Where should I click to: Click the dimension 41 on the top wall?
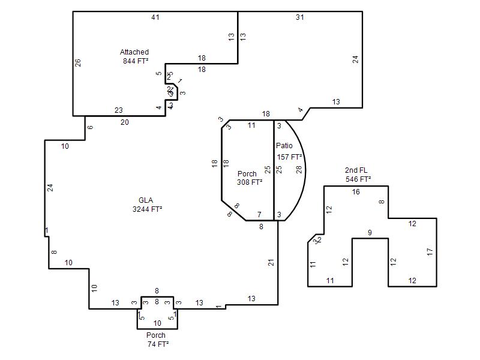pyautogui.click(x=155, y=17)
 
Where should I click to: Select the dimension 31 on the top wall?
pyautogui.click(x=299, y=17)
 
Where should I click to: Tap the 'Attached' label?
pyautogui.click(x=134, y=52)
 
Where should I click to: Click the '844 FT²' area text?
pyautogui.click(x=136, y=61)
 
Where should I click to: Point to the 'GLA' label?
pyautogui.click(x=146, y=200)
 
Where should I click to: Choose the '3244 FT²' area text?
pyautogui.click(x=148, y=209)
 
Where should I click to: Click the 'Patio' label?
pyautogui.click(x=284, y=146)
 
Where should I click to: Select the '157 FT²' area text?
pyautogui.click(x=289, y=157)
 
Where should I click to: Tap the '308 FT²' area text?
pyautogui.click(x=250, y=182)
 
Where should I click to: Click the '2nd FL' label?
pyautogui.click(x=356, y=170)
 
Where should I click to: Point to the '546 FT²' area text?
pyautogui.click(x=358, y=179)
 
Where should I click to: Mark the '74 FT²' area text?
pyautogui.click(x=158, y=344)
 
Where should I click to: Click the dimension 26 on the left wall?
pyautogui.click(x=78, y=62)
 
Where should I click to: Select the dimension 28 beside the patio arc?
pyautogui.click(x=299, y=170)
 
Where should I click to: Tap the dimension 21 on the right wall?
pyautogui.click(x=271, y=262)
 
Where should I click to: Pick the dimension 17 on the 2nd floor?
pyautogui.click(x=430, y=252)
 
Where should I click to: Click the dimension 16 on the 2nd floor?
pyautogui.click(x=356, y=192)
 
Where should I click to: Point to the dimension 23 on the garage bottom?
pyautogui.click(x=119, y=110)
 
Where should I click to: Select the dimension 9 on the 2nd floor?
pyautogui.click(x=370, y=233)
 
